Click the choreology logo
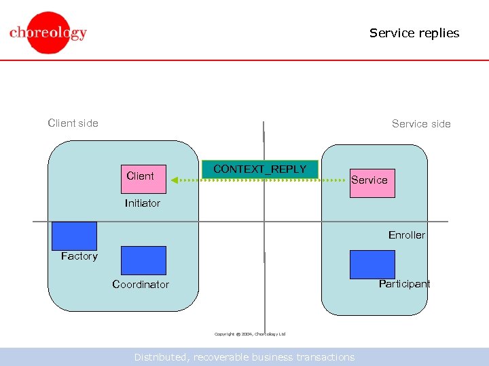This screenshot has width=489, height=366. pyautogui.click(x=48, y=33)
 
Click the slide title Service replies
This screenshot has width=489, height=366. pyautogui.click(x=414, y=33)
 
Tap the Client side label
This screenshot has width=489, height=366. pyautogui.click(x=73, y=123)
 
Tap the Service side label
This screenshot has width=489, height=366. pyautogui.click(x=421, y=123)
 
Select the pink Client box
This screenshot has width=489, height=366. pyautogui.click(x=143, y=179)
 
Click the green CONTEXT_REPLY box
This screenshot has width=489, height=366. pyautogui.click(x=259, y=169)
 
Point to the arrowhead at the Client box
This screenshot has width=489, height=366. pyautogui.click(x=174, y=180)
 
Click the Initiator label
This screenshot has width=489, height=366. pyautogui.click(x=143, y=203)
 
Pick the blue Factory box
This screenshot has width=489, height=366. pyautogui.click(x=74, y=236)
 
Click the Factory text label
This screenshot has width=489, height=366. pyautogui.click(x=79, y=256)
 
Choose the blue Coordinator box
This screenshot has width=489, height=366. pyautogui.click(x=143, y=260)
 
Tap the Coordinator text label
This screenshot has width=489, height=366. pyautogui.click(x=141, y=285)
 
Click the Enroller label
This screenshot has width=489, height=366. pyautogui.click(x=406, y=235)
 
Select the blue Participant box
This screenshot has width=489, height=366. pyautogui.click(x=372, y=264)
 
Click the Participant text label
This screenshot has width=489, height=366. pyautogui.click(x=404, y=284)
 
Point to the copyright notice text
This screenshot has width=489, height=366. pyautogui.click(x=250, y=334)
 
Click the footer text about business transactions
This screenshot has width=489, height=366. pyautogui.click(x=244, y=357)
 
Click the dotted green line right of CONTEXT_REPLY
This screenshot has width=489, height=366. pyautogui.click(x=333, y=180)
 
